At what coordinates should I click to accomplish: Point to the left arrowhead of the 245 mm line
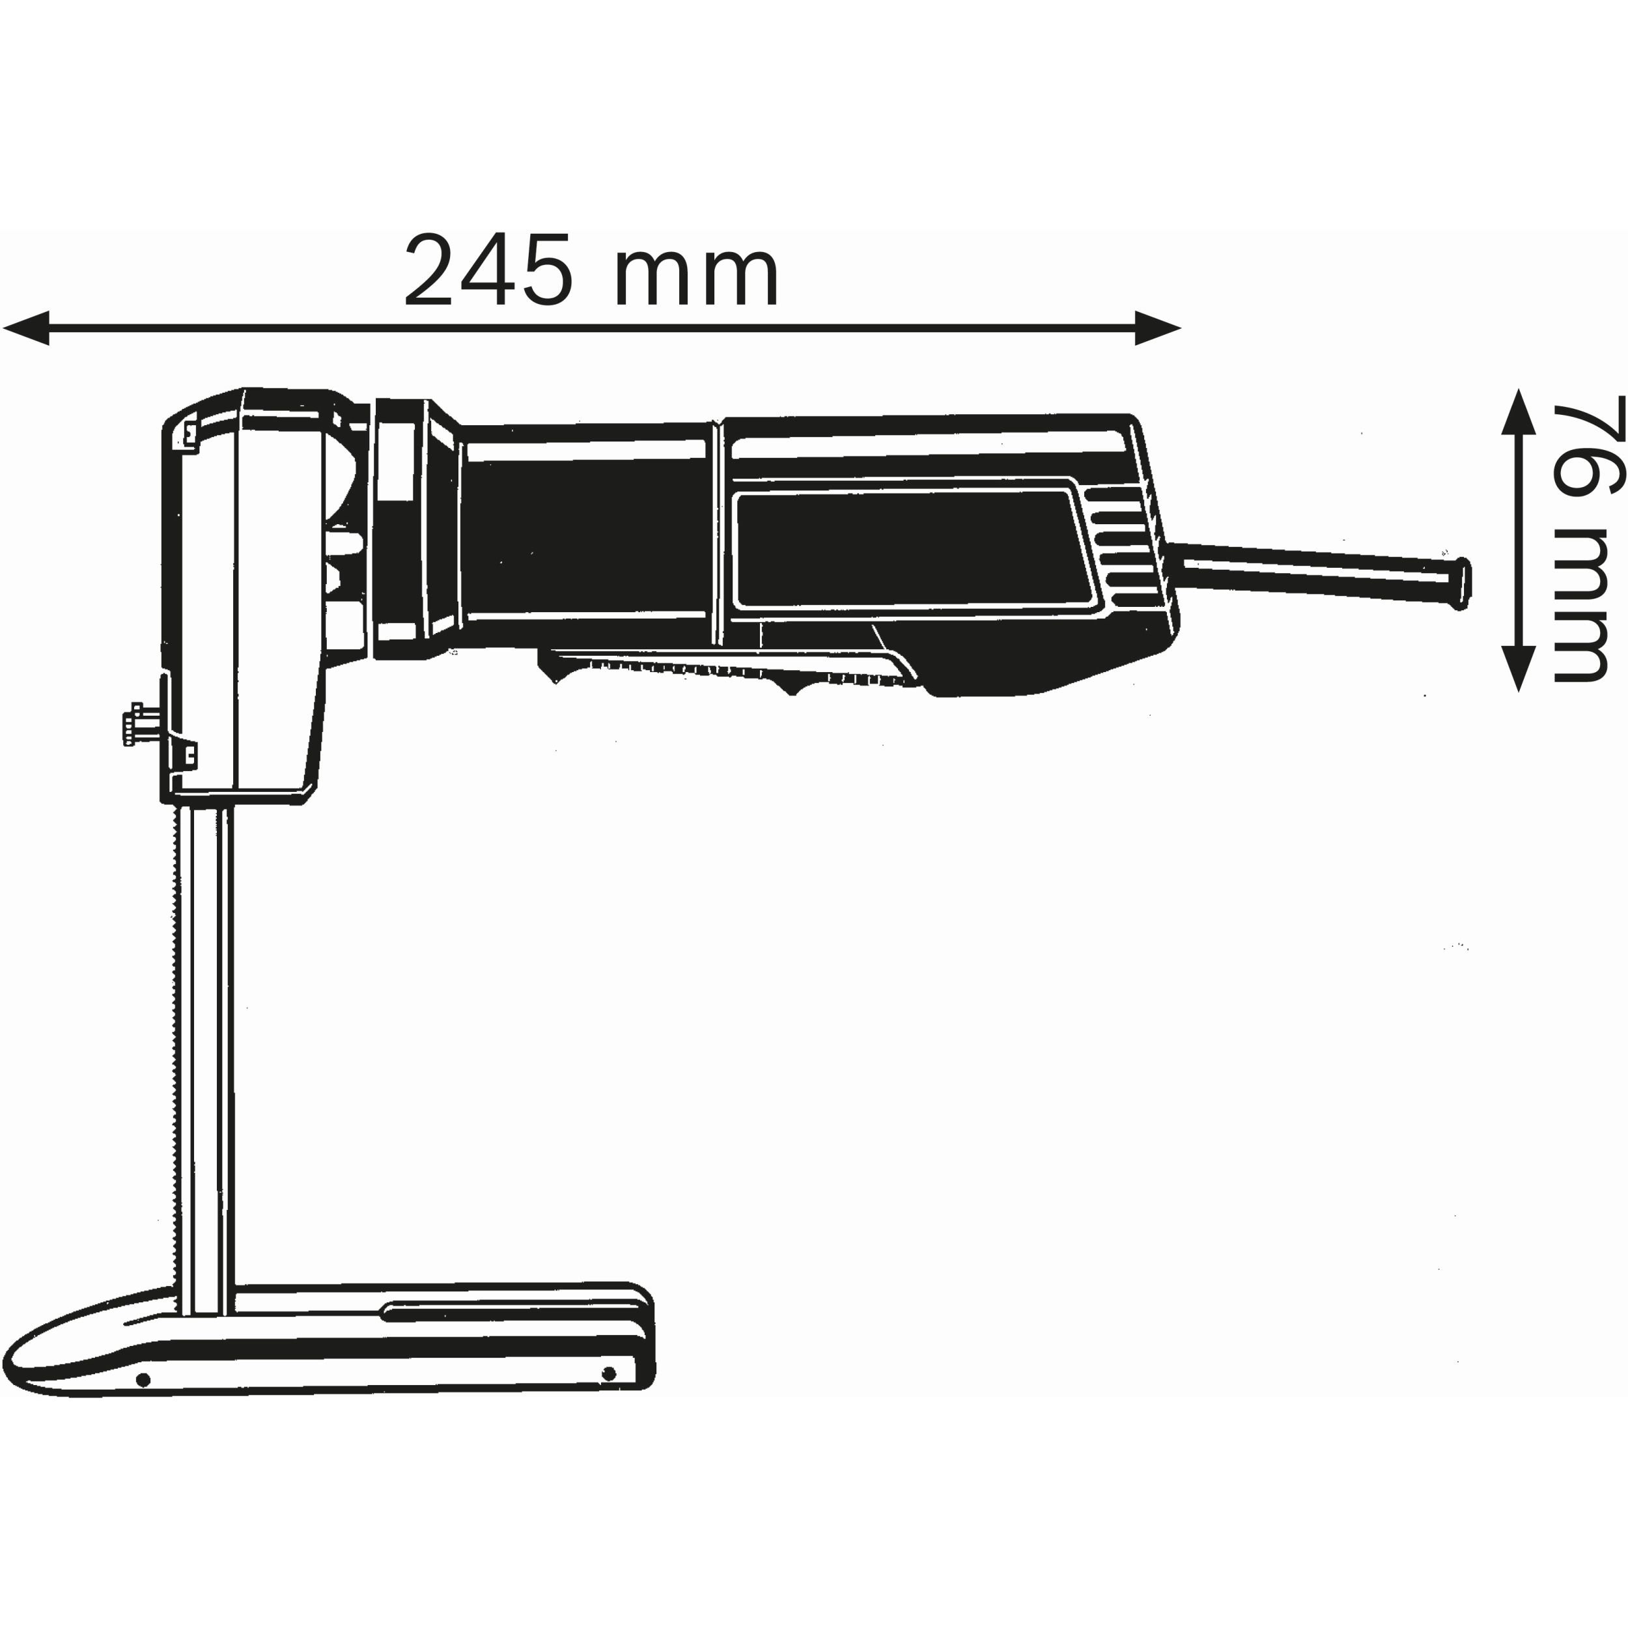tap(25, 328)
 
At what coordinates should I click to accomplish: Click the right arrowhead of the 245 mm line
tap(1157, 328)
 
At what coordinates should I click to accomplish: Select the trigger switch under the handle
tap(725, 671)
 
